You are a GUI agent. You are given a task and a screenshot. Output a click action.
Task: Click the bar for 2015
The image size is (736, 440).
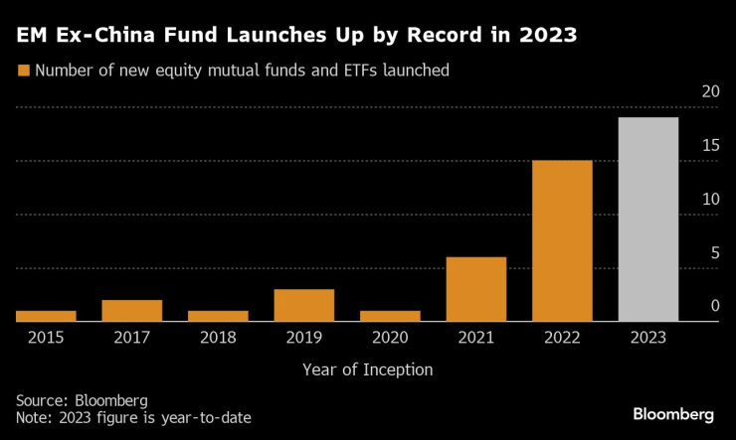pos(46,316)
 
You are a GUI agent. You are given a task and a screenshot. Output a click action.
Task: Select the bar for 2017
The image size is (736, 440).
pos(131,311)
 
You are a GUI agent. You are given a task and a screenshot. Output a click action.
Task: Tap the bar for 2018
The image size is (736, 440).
pos(218,316)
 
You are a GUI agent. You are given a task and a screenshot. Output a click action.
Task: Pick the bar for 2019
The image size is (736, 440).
pos(304,305)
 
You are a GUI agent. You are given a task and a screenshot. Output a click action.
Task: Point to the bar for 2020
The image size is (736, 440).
pos(390,316)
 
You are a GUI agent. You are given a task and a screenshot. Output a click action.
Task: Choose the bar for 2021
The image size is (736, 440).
pos(476,289)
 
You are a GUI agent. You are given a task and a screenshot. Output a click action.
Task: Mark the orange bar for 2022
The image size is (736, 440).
pos(562,240)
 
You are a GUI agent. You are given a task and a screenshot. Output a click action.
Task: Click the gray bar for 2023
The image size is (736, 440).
pos(648,220)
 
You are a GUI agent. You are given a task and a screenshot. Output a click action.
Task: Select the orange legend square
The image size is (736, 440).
pos(22,71)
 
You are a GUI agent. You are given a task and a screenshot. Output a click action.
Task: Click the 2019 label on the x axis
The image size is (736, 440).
pos(304,337)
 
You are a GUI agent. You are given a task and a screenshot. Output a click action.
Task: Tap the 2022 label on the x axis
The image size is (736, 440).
pos(562,337)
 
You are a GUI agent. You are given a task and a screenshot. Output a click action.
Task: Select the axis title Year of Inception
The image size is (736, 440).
pos(368,369)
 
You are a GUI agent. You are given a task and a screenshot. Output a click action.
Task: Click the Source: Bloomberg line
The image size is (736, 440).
pos(82,399)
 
